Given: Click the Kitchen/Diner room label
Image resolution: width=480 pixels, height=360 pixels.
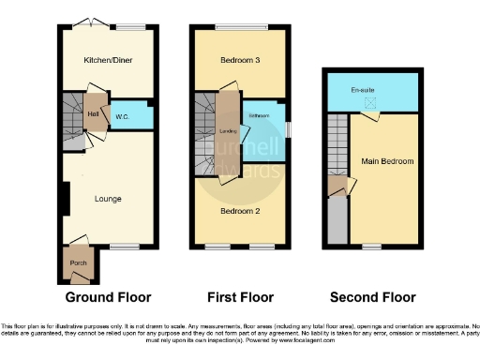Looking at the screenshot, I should tap(108, 59).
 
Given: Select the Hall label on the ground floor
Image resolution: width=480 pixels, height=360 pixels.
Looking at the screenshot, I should tap(94, 114).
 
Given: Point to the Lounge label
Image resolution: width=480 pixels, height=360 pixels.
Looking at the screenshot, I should tap(108, 199).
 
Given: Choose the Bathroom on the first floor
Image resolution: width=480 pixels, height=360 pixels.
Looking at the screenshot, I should tap(261, 117).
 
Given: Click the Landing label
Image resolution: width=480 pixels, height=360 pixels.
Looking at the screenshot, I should tap(226, 131).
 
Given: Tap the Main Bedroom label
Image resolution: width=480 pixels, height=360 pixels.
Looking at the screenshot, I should tap(387, 160).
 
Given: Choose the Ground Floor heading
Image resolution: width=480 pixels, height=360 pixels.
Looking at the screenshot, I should tap(108, 297).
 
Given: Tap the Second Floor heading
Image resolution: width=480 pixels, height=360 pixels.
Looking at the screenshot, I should tap(371, 297).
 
